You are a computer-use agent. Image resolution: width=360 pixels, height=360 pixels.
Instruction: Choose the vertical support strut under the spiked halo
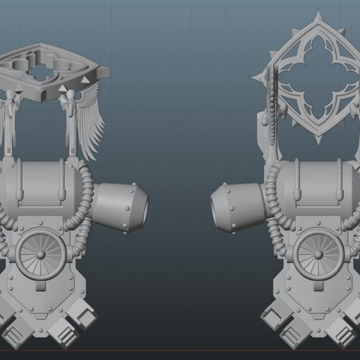pyautogui.click(x=269, y=129)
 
